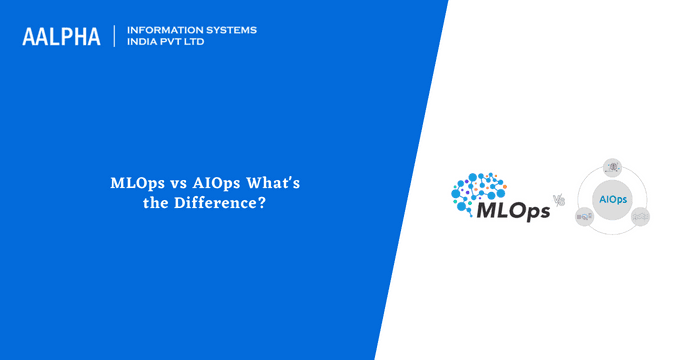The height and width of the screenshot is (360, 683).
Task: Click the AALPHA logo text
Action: pyautogui.click(x=61, y=37)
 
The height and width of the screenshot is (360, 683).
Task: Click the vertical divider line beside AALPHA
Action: pyautogui.click(x=115, y=37)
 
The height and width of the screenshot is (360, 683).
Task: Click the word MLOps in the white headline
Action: pyautogui.click(x=134, y=185)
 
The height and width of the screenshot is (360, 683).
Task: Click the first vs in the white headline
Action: pyautogui.click(x=171, y=185)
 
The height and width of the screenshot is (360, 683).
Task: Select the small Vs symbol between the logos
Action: pyautogui.click(x=559, y=200)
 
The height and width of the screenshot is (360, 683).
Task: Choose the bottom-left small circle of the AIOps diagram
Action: pyautogui.click(x=585, y=215)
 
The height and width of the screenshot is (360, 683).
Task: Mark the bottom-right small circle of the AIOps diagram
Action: pyautogui.click(x=640, y=215)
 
